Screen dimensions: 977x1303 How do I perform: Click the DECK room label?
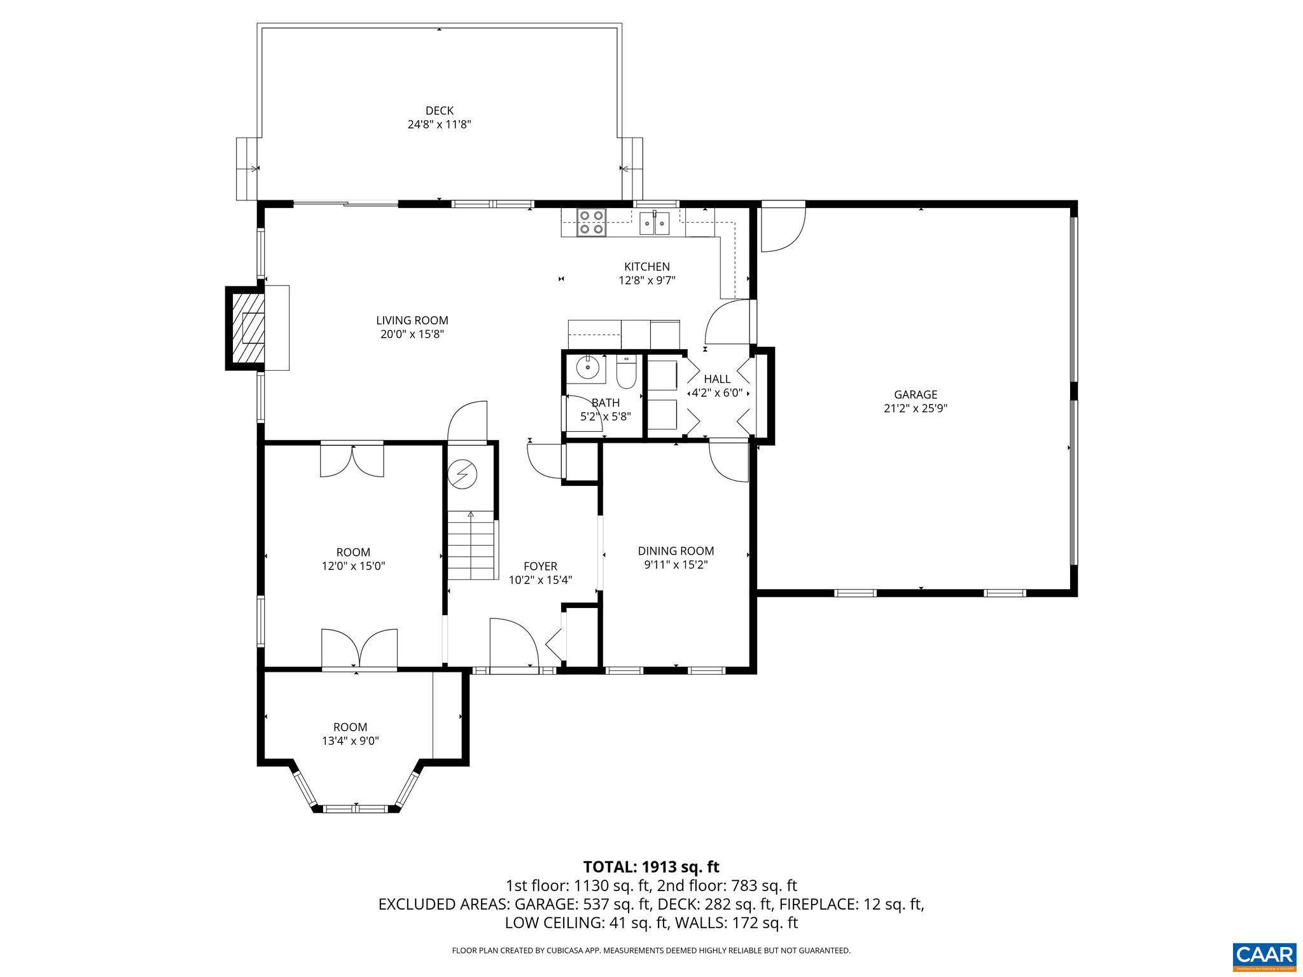(x=439, y=111)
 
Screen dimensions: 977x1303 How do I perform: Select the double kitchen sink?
(x=655, y=223)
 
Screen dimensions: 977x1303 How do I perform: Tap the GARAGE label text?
(x=915, y=394)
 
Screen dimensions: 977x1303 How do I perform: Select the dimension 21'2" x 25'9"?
(x=915, y=409)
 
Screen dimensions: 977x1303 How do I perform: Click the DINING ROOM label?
(x=676, y=551)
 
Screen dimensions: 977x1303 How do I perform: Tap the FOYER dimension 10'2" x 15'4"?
(x=540, y=580)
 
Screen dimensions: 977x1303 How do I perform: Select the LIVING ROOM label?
(x=412, y=321)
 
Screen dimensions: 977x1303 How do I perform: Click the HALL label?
(x=717, y=379)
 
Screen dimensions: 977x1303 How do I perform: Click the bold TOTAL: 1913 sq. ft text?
(x=651, y=867)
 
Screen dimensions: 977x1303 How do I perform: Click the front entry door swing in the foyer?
(x=513, y=642)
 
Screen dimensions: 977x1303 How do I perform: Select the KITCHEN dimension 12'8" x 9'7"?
(x=646, y=281)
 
